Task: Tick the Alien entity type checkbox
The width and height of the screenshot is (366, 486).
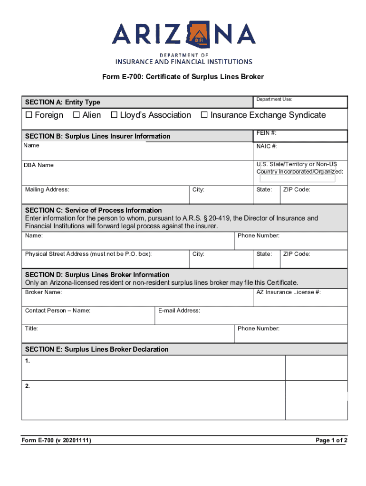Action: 76,115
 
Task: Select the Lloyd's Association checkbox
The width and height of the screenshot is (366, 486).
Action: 114,115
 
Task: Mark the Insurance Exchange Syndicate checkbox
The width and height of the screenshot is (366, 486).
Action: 204,115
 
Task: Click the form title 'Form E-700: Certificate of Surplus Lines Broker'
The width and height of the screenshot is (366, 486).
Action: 183,77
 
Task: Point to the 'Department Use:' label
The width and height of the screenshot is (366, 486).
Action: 274,100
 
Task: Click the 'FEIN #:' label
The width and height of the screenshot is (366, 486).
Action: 267,134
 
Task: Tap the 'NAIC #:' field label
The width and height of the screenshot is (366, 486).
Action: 267,147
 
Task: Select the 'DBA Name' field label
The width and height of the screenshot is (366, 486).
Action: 39,165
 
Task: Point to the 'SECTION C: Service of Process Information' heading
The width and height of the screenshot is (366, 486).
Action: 93,210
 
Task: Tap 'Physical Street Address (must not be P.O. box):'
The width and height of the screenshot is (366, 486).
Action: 88,254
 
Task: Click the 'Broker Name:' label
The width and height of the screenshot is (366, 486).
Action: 43,292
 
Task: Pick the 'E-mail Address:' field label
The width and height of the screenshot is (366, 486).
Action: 179,311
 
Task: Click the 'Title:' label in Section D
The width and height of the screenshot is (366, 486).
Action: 31,328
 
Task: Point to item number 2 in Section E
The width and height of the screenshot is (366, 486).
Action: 28,386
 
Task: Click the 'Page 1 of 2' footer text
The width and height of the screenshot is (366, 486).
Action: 332,441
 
